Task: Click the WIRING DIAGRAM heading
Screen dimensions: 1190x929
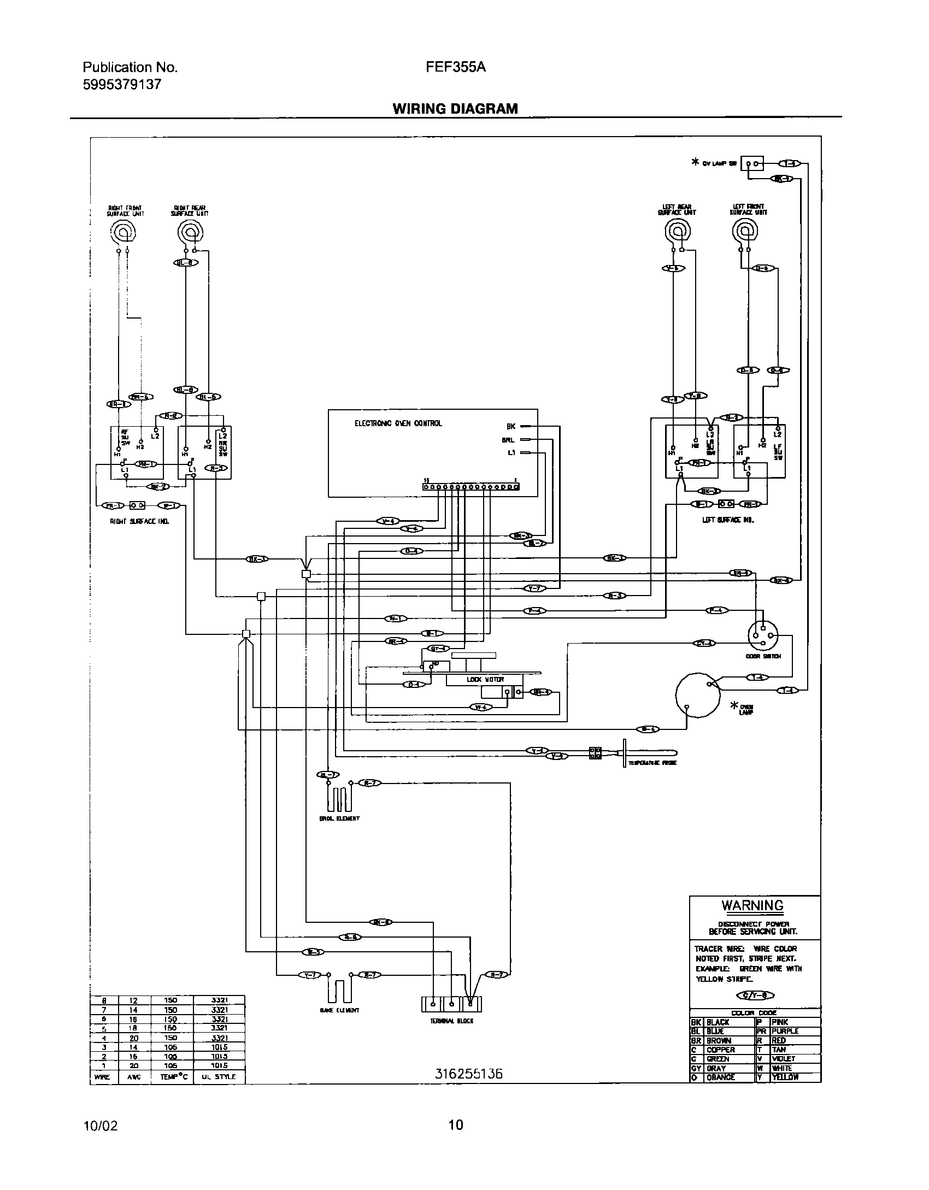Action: [x=455, y=109]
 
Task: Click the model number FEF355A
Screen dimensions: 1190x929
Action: [x=456, y=67]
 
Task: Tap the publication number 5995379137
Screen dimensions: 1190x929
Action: [x=122, y=85]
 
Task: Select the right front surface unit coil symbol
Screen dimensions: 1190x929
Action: [x=124, y=233]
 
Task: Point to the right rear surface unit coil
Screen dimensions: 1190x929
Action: [x=190, y=233]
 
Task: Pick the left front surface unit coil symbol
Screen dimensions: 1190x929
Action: [x=745, y=233]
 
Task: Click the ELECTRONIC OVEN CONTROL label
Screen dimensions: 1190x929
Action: [x=398, y=423]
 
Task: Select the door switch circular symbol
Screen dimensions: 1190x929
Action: [x=763, y=635]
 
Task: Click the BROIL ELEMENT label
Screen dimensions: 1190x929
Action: [x=339, y=818]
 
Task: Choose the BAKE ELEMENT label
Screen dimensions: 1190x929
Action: [x=339, y=1010]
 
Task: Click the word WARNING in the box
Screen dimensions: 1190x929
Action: [x=752, y=905]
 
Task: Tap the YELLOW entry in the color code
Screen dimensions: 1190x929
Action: [x=785, y=1077]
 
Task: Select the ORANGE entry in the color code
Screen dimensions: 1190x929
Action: [x=721, y=1077]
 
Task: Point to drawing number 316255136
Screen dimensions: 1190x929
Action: [x=468, y=1074]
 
